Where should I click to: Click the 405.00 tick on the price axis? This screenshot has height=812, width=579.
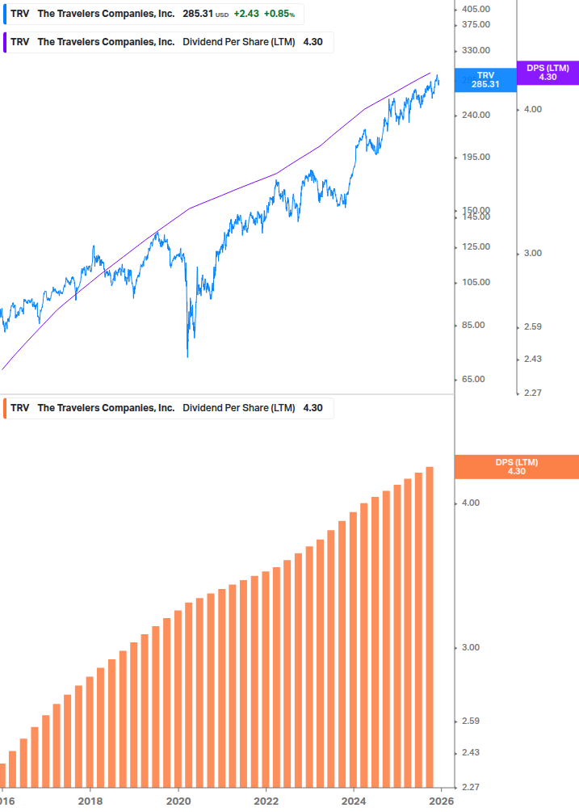click(x=475, y=9)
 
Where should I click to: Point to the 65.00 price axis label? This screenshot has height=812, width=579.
click(x=475, y=379)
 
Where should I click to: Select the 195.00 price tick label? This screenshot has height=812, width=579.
click(x=475, y=157)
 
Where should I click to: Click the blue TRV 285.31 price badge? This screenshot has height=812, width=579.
click(x=485, y=79)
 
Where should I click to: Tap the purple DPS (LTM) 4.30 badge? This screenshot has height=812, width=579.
click(x=548, y=73)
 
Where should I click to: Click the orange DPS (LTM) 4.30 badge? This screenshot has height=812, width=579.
click(x=517, y=466)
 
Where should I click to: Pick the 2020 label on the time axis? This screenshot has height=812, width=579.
click(x=178, y=801)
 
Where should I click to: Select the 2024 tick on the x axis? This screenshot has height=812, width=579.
click(x=354, y=801)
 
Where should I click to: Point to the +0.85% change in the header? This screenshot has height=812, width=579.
click(x=279, y=15)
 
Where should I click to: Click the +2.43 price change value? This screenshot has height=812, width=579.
click(x=246, y=15)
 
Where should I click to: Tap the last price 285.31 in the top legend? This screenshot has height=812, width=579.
click(x=198, y=15)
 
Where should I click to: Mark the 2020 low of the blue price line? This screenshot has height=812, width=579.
click(x=187, y=356)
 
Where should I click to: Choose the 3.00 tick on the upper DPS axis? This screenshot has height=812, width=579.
click(x=532, y=253)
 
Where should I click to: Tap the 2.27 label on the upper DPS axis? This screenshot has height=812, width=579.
click(x=532, y=393)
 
